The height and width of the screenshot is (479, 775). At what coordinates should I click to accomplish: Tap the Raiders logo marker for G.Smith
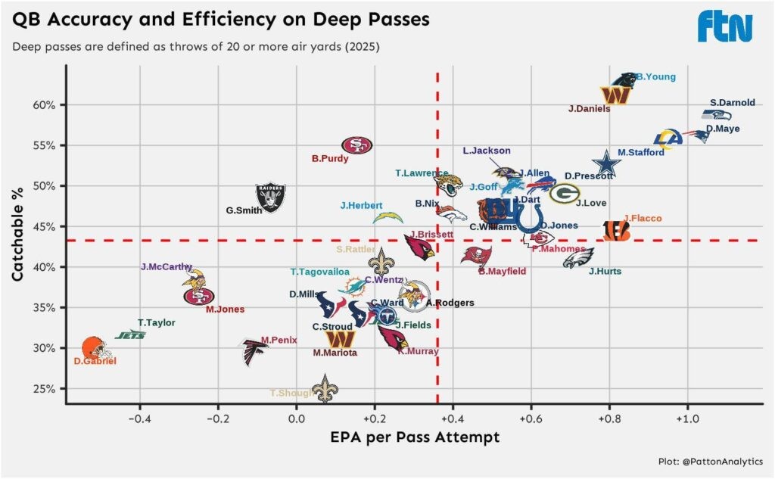270,198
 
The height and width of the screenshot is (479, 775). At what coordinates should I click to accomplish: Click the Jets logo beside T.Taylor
130,334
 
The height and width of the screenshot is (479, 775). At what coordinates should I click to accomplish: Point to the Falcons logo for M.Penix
254,352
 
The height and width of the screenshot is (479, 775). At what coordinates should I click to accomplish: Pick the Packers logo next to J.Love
565,194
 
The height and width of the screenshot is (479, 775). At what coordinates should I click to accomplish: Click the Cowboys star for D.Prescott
605,164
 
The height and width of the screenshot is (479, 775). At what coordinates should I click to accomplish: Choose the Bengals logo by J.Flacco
616,232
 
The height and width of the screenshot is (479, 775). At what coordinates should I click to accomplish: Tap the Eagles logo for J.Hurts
578,259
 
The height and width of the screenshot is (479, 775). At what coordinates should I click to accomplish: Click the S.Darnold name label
732,103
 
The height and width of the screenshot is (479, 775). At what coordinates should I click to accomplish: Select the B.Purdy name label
329,159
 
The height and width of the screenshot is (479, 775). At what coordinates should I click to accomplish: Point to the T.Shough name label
291,393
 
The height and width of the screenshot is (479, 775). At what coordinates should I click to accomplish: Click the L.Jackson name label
487,151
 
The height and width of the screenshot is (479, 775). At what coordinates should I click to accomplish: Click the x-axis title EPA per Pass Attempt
415,437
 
